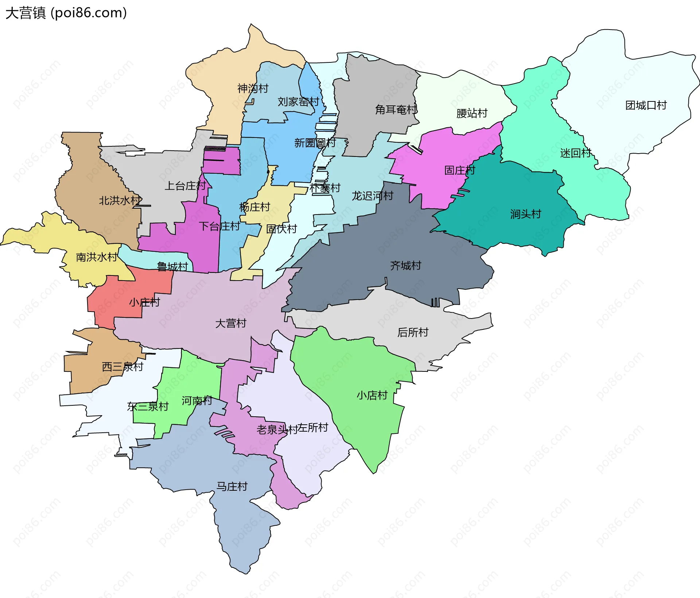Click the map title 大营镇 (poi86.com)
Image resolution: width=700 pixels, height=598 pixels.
pyautogui.click(x=66, y=13)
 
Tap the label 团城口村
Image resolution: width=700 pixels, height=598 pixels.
pyautogui.click(x=646, y=105)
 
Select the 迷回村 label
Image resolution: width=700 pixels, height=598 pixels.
pyautogui.click(x=575, y=153)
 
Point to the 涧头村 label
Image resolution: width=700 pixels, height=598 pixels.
pyautogui.click(x=525, y=214)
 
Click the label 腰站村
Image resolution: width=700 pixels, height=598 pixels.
pyautogui.click(x=472, y=113)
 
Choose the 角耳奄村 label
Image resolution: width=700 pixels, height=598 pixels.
pyautogui.click(x=396, y=109)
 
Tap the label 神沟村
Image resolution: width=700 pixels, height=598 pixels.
pyautogui.click(x=253, y=88)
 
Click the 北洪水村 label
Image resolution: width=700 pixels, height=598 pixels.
pyautogui.click(x=120, y=200)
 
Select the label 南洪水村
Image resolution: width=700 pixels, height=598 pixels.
pyautogui.click(x=97, y=257)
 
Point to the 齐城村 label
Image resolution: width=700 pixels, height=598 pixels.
pyautogui.click(x=405, y=265)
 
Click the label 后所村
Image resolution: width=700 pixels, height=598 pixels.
pyautogui.click(x=413, y=332)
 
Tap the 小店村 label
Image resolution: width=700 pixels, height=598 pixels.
pyautogui.click(x=372, y=395)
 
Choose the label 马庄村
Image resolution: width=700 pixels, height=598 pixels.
pyautogui.click(x=232, y=486)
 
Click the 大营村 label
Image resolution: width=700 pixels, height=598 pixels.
pyautogui.click(x=230, y=323)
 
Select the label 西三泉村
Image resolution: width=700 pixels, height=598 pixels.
pyautogui.click(x=122, y=367)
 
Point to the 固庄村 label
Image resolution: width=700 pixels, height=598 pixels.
pyautogui.click(x=460, y=170)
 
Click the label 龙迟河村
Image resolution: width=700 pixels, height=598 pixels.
pyautogui.click(x=372, y=196)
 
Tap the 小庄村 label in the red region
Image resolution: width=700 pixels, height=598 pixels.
pyautogui.click(x=144, y=302)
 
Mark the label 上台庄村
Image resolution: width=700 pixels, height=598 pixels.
pyautogui.click(x=185, y=186)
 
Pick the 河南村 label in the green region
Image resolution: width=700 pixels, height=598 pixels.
pyautogui.click(x=197, y=401)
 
